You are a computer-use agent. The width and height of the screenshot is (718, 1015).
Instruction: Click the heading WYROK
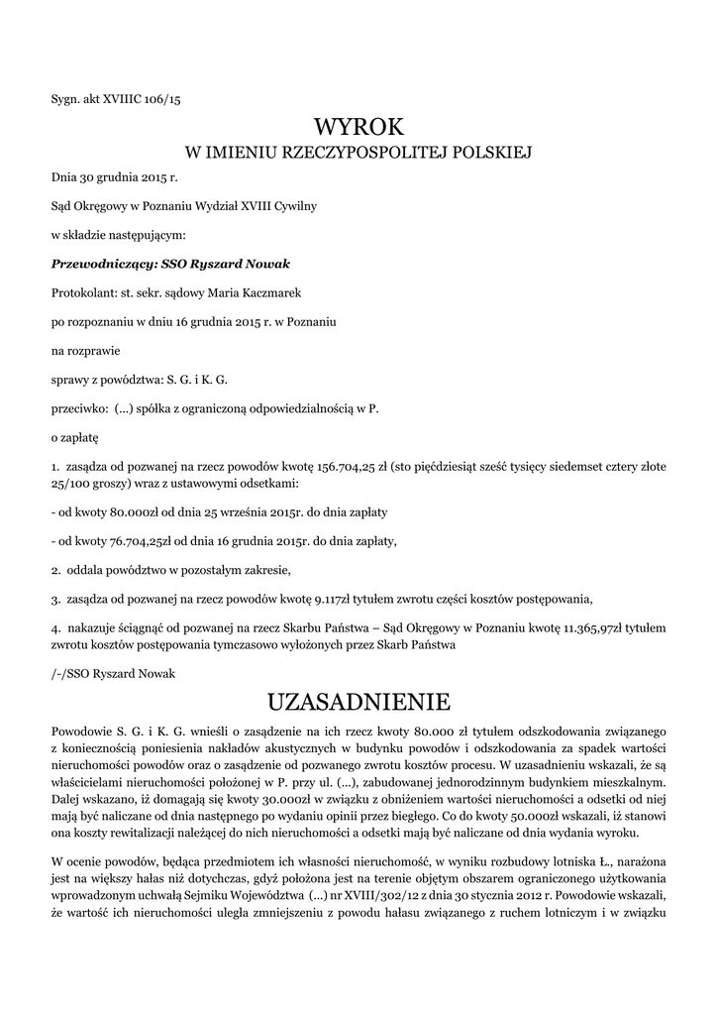[359, 127]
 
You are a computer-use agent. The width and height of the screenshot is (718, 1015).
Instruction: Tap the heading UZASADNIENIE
[359, 703]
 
